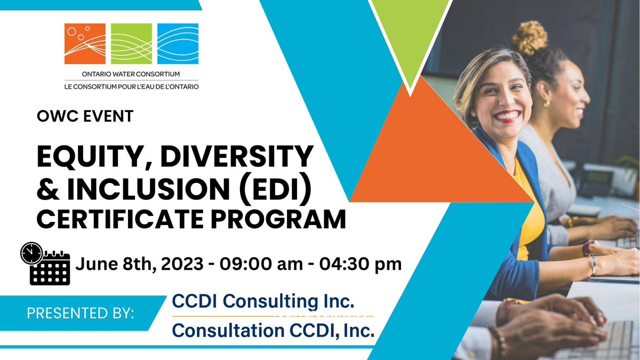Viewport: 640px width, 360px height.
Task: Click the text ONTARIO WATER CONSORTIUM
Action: coord(131,75)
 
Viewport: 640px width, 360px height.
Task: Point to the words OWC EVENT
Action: coord(84,117)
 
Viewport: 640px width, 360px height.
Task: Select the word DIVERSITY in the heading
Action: coord(235,157)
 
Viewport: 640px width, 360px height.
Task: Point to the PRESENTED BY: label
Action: coord(81,314)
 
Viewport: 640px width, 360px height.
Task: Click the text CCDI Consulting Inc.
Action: coord(263,302)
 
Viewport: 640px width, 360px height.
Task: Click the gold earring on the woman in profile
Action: coord(547,104)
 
